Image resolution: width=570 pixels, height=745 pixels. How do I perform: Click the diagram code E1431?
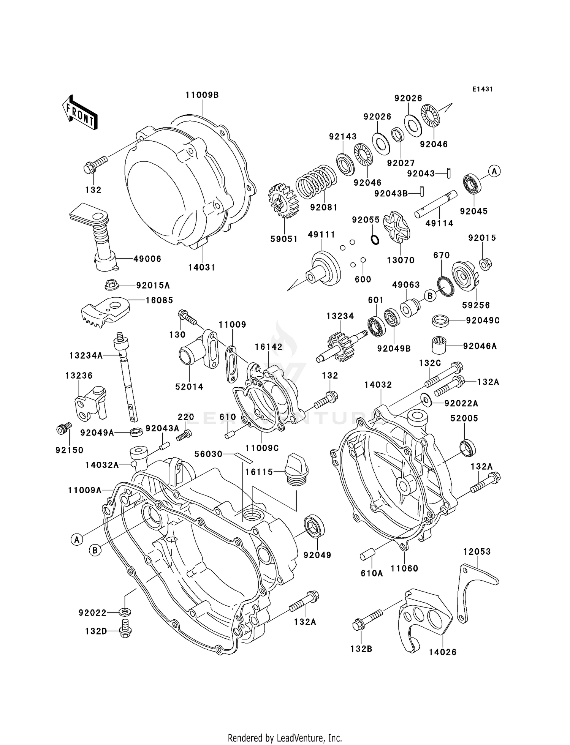coord(482,89)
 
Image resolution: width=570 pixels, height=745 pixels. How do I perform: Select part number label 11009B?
coord(202,95)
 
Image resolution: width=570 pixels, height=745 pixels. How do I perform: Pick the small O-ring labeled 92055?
coord(375,240)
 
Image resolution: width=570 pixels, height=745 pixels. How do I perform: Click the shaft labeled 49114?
coord(435,204)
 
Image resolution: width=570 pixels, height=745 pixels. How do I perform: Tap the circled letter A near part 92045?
coord(494,171)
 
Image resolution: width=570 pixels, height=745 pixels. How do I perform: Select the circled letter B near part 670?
coord(430,296)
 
